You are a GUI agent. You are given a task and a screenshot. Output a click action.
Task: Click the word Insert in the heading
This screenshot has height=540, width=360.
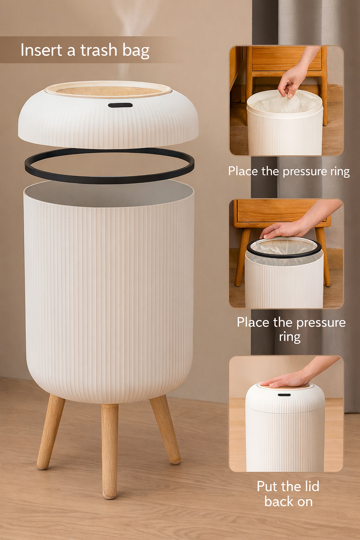pyautogui.click(x=41, y=50)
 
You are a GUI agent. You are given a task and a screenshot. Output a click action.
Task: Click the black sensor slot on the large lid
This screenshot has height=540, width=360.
pyautogui.click(x=120, y=105)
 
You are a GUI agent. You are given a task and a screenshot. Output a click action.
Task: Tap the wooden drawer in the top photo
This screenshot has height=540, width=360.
pyautogui.click(x=287, y=60)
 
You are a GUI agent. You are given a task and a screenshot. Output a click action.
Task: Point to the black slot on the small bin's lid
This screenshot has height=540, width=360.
pyautogui.click(x=284, y=395)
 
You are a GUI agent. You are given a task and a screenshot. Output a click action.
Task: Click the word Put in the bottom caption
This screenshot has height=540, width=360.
pyautogui.click(x=267, y=486)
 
